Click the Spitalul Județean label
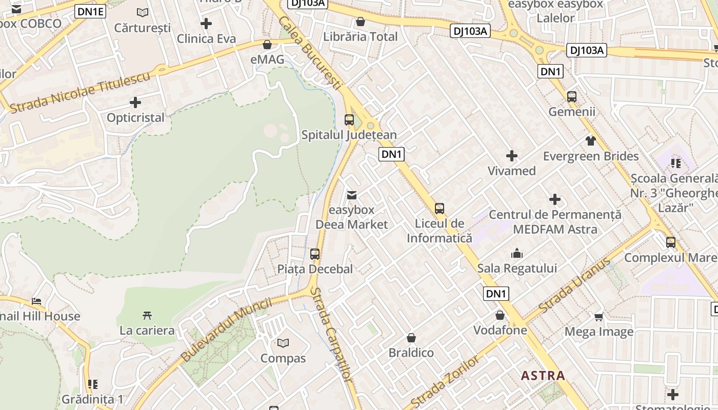pyautogui.click(x=349, y=135)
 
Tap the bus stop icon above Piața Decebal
pyautogui.click(x=315, y=254)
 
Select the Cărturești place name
pyautogui.click(x=143, y=28)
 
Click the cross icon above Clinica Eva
pyautogui.click(x=206, y=24)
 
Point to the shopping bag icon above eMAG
pyautogui.click(x=267, y=45)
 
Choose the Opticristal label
pyautogui.click(x=135, y=118)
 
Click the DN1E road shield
pyautogui.click(x=90, y=11)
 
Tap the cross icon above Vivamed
pyautogui.click(x=511, y=156)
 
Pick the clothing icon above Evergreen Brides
pyautogui.click(x=591, y=140)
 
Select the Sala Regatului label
pyautogui.click(x=517, y=268)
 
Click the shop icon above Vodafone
pyautogui.click(x=500, y=315)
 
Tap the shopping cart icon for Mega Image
pyautogui.click(x=599, y=317)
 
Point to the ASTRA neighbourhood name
pyautogui.click(x=543, y=376)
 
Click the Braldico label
pyautogui.click(x=411, y=353)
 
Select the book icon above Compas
pyautogui.click(x=283, y=343)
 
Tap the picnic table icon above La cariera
pyautogui.click(x=147, y=315)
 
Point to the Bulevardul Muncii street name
pyautogui.click(x=226, y=330)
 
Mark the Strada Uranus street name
pyautogui.click(x=575, y=285)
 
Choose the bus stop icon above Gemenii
pyautogui.click(x=572, y=96)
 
